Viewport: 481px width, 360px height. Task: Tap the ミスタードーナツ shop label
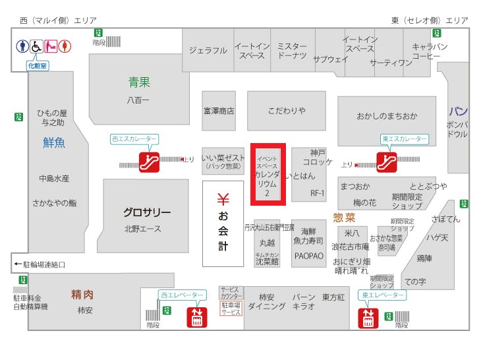(292, 51)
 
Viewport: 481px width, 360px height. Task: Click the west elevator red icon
(196, 317)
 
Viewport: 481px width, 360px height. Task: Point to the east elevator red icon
(367, 318)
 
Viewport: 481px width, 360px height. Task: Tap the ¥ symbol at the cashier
(223, 198)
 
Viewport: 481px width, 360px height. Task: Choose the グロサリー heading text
(147, 212)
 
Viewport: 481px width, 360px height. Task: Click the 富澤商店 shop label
(219, 111)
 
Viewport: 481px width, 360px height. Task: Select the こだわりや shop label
(287, 111)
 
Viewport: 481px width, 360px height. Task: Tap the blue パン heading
(459, 111)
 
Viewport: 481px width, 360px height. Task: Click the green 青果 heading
(139, 82)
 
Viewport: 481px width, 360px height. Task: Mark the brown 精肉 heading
(82, 294)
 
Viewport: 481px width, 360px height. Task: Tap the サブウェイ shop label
(331, 59)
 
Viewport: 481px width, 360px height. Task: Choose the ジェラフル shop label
(208, 50)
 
